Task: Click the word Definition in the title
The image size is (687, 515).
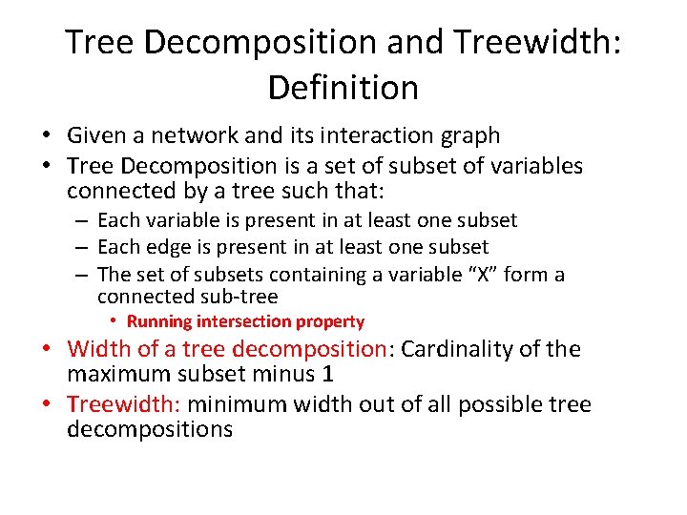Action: (343, 88)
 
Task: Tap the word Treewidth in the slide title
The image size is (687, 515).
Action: (529, 42)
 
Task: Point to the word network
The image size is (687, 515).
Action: (196, 137)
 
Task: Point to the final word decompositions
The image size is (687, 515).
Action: (150, 429)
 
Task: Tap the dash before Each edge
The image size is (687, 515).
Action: (84, 248)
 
